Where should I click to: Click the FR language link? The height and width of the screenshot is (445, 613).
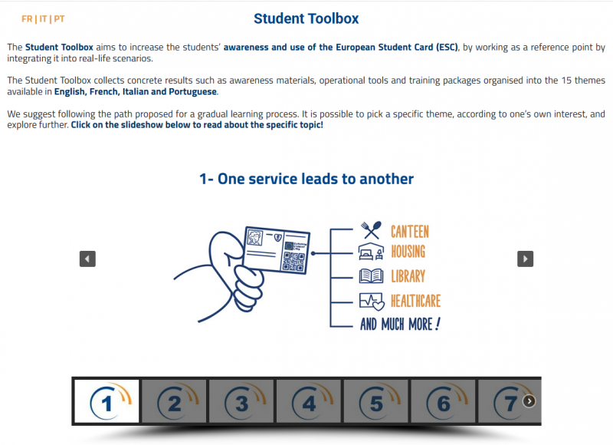coord(27,18)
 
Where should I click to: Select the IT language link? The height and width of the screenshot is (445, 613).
coord(43,18)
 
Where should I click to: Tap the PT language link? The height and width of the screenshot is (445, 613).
coord(60,18)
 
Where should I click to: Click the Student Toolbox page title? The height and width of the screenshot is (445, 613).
coord(306,18)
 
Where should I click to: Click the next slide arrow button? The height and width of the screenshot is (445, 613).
coord(525,259)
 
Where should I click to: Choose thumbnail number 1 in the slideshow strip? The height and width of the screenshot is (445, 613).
coord(107,401)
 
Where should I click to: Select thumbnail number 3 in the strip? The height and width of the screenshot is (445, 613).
coord(241,401)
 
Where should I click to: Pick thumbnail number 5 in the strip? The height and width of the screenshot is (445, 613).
coord(375,401)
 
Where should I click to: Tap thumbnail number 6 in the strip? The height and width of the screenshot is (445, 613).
coord(443,401)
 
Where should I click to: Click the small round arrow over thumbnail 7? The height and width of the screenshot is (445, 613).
coord(529,400)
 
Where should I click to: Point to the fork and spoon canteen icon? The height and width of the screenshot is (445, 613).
coord(371,229)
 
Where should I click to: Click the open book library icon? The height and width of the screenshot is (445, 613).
coord(371,276)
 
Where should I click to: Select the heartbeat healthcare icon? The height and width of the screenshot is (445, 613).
coord(372,302)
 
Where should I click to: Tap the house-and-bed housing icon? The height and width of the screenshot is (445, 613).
coord(371,252)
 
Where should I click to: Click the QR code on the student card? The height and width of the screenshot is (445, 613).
coord(293,261)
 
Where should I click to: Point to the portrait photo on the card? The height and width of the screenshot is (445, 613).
coord(255,237)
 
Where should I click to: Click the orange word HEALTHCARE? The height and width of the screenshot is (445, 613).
coord(415,301)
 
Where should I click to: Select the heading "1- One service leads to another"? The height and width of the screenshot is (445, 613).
coord(306,179)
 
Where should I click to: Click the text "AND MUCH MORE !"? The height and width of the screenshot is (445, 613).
coord(400,324)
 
